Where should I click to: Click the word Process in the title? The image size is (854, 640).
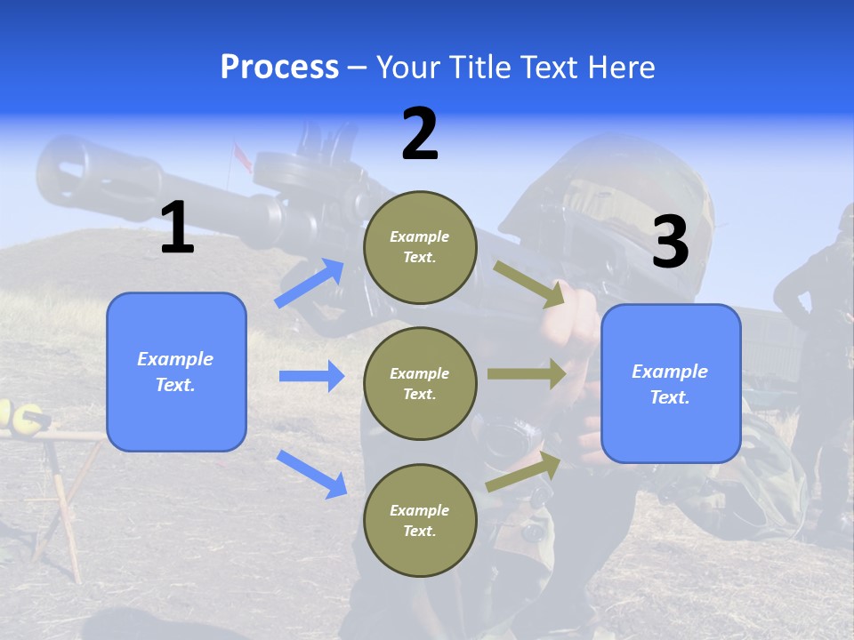tap(279, 67)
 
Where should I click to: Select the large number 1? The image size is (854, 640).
tap(177, 228)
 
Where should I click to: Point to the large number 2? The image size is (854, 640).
tap(420, 134)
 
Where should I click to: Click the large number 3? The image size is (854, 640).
tap(670, 243)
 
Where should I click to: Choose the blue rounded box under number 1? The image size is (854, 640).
tap(176, 372)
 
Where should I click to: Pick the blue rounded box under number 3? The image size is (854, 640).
tap(671, 383)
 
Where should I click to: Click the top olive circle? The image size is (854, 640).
tap(421, 248)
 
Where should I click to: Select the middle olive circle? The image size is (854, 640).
tap(421, 384)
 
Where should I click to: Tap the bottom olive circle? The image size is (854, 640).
tap(421, 521)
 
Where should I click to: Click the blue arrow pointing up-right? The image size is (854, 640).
tap(310, 284)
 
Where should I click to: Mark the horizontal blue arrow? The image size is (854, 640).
tap(311, 376)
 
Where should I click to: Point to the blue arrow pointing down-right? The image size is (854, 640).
tap(312, 473)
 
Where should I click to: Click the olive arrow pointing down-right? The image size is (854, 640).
tap(529, 284)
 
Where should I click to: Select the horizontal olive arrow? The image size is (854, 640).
tap(527, 374)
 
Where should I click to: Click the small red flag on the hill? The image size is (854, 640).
tap(241, 156)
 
